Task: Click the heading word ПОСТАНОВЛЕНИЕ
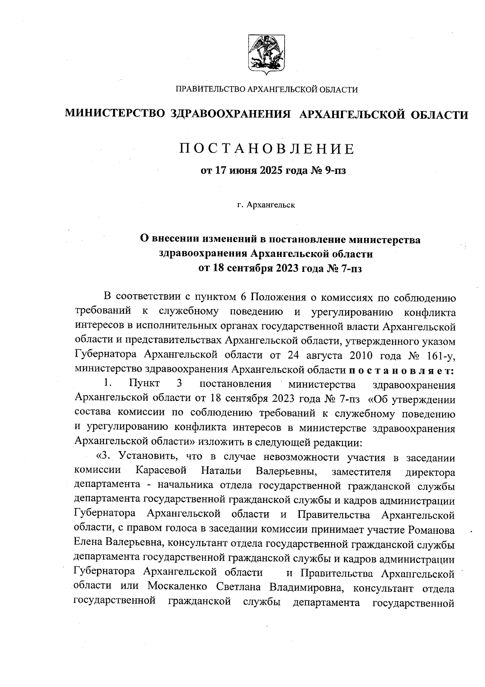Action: pos(267,149)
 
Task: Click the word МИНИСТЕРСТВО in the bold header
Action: pos(115,115)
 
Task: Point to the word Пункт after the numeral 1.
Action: pos(144,384)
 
